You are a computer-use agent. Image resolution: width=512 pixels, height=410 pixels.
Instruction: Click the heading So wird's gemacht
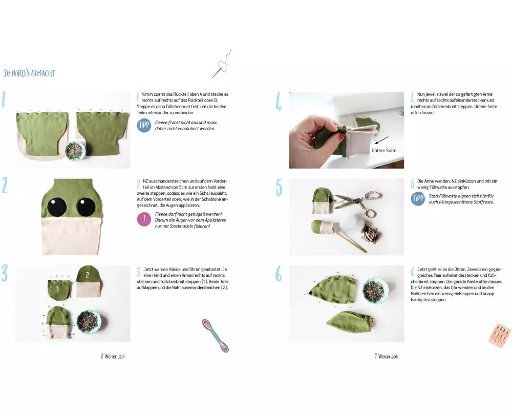(29, 73)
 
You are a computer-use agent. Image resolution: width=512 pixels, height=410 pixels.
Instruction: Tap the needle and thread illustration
(222, 65)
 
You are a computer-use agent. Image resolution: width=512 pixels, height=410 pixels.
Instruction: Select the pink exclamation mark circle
(144, 219)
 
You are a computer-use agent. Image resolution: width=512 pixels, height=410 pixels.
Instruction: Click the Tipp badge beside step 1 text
(144, 126)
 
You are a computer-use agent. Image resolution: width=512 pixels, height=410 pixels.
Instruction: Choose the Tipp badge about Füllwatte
(418, 199)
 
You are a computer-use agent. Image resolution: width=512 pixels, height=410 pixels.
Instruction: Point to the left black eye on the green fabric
(57, 207)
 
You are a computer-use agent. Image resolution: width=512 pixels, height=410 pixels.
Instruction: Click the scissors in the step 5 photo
(358, 200)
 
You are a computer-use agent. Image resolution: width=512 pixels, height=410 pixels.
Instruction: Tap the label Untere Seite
(383, 150)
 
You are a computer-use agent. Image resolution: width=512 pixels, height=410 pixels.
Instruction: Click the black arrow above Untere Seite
(381, 140)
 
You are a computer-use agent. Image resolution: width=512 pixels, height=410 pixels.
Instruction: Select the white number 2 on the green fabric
(87, 275)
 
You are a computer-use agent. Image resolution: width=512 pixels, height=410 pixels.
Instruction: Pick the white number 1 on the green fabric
(57, 289)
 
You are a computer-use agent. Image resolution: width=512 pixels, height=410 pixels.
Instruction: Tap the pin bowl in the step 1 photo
(75, 151)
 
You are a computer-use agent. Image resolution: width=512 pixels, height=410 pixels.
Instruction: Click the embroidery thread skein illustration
(215, 335)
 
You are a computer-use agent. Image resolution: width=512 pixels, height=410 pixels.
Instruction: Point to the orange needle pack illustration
(500, 336)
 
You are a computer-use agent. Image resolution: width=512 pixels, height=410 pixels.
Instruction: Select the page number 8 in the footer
(102, 356)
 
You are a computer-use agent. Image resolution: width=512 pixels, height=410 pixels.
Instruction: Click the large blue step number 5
(279, 188)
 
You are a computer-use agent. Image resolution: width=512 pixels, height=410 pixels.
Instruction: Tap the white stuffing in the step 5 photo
(339, 225)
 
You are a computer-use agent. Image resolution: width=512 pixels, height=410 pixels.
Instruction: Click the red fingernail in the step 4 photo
(342, 138)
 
